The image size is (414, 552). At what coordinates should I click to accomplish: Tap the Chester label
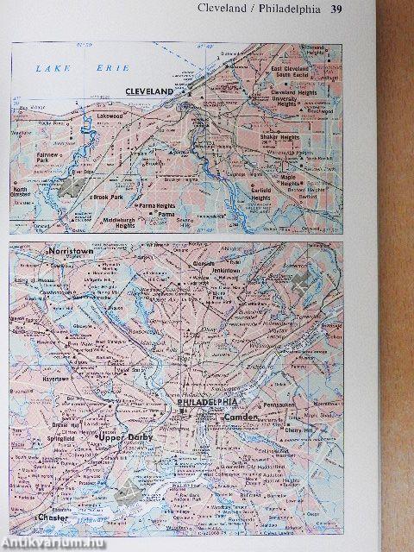click(54, 517)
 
